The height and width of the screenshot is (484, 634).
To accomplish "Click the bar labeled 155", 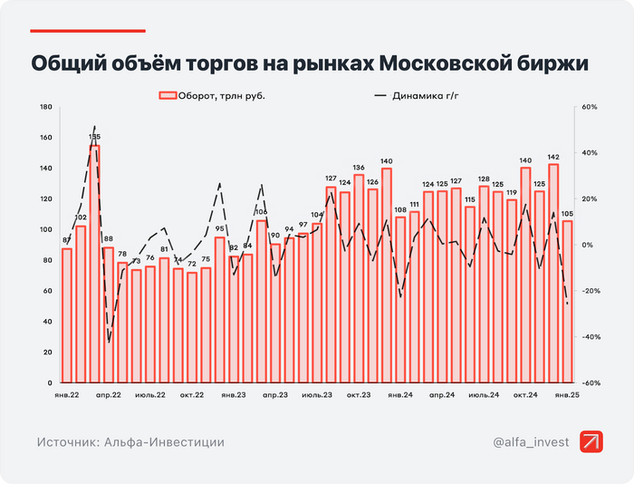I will pyautogui.click(x=94, y=263).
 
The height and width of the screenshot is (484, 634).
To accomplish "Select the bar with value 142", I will pyautogui.click(x=553, y=272).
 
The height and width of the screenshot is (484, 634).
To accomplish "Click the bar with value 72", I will pyautogui.click(x=192, y=326).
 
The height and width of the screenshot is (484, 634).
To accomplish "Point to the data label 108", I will pyautogui.click(x=400, y=210).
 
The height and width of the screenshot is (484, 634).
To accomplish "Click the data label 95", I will pyautogui.click(x=219, y=229).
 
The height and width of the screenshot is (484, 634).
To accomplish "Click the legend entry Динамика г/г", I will pyautogui.click(x=426, y=94).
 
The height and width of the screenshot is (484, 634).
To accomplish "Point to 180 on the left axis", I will pyautogui.click(x=45, y=107).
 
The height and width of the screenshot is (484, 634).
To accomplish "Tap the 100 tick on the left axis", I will pyautogui.click(x=45, y=230).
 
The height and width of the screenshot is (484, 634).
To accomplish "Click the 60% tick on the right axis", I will pyautogui.click(x=590, y=107).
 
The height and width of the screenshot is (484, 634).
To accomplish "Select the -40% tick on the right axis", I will pyautogui.click(x=590, y=337).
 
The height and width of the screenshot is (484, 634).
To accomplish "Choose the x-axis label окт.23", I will pyautogui.click(x=359, y=395).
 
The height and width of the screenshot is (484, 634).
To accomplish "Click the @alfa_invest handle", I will pyautogui.click(x=531, y=442).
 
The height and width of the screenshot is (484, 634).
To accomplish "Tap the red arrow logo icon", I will pyautogui.click(x=592, y=441).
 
